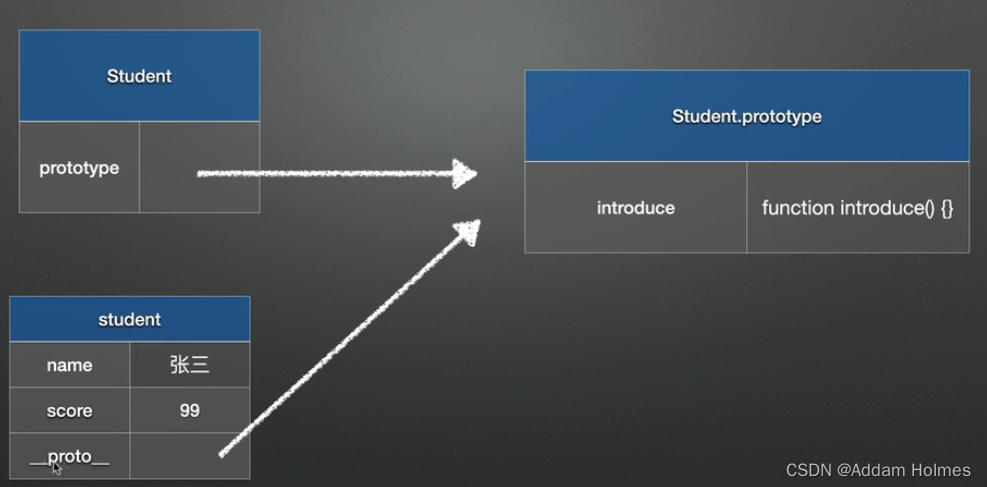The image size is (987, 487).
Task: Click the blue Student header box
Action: [139, 76]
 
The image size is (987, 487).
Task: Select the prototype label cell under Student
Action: [79, 168]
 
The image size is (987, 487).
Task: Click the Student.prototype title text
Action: [746, 116]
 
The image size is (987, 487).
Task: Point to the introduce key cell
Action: [635, 208]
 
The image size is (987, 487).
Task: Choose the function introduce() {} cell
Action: [857, 208]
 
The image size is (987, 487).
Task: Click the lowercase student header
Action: [129, 320]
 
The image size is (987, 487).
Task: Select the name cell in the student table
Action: [69, 365]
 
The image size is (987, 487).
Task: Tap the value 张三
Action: [189, 365]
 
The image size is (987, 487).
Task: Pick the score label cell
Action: [69, 411]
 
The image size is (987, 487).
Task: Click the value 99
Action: [189, 411]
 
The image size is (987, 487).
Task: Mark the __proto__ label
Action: [69, 456]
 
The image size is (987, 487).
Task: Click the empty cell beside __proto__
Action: [189, 456]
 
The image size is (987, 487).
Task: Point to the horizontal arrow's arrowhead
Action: [465, 173]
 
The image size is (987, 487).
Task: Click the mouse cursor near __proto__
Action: [57, 467]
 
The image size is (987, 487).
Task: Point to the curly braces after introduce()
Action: [946, 208]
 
